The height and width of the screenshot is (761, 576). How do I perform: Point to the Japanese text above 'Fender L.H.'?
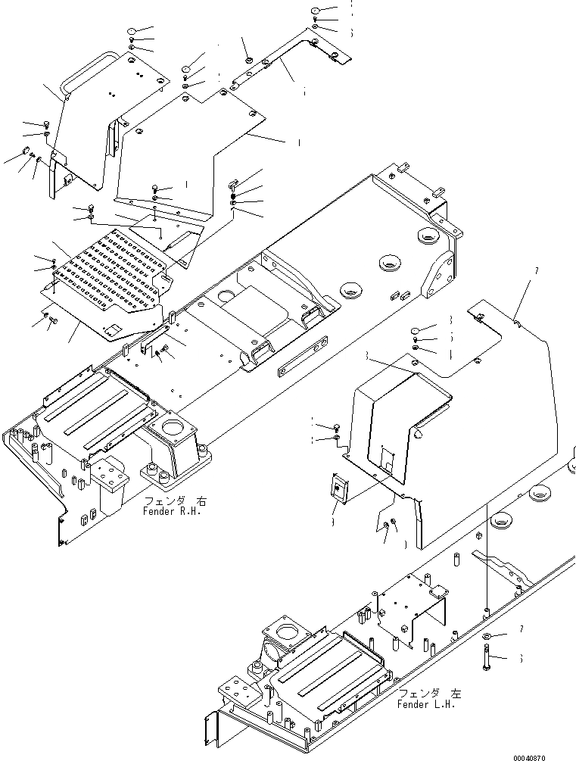pyautogui.click(x=428, y=694)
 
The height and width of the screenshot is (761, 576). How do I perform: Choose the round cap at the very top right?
pyautogui.click(x=316, y=11)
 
